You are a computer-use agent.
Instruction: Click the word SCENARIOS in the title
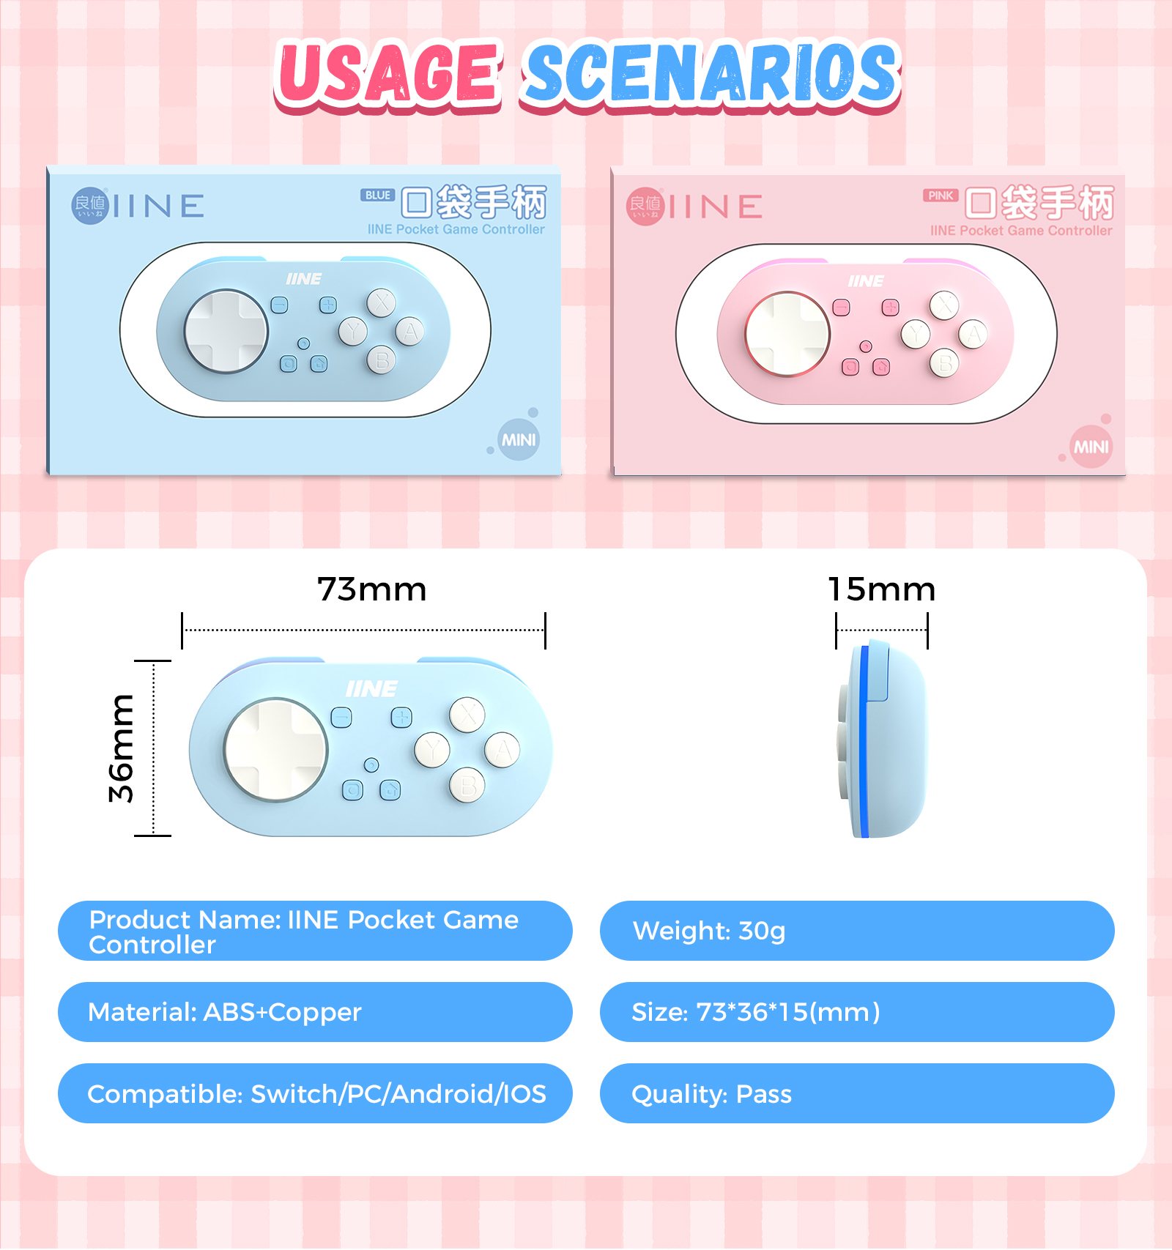point(711,74)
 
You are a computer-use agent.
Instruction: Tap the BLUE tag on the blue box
point(377,196)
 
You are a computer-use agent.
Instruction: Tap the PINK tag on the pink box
point(941,196)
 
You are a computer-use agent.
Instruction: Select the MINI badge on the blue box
point(519,440)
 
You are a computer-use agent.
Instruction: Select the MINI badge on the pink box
point(1091,447)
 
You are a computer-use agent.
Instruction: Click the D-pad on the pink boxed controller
point(787,334)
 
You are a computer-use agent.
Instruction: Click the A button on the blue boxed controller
point(409,331)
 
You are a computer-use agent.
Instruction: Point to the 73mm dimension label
point(372,589)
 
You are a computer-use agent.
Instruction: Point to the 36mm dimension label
point(122,748)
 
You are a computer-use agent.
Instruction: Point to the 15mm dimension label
point(882,589)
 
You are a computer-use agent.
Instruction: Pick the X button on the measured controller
point(467,715)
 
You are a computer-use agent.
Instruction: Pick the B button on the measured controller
point(467,786)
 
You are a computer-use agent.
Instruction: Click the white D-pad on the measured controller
point(275,749)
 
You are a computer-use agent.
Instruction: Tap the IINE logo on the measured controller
point(371,689)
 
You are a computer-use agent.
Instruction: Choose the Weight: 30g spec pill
point(857,931)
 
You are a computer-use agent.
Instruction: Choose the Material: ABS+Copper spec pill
point(315,1012)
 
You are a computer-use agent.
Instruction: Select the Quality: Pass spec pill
point(857,1093)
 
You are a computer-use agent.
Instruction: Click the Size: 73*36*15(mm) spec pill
point(857,1012)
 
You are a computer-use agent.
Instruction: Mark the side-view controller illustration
point(883,740)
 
